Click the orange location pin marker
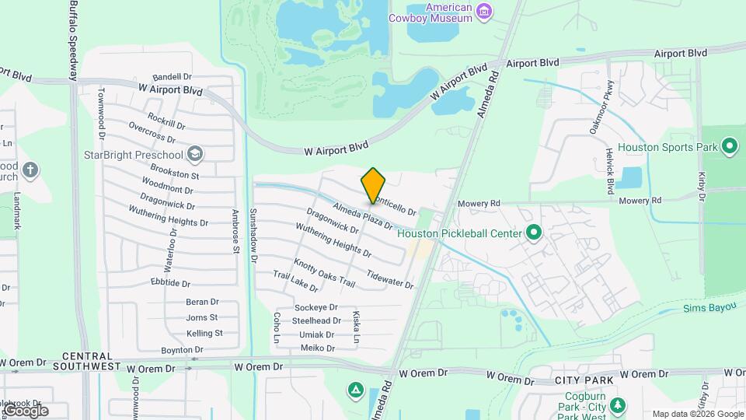pyautogui.click(x=373, y=186)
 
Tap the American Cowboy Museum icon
pyautogui.click(x=485, y=10)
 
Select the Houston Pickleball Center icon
pyautogui.click(x=534, y=233)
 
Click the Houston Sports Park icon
pyautogui.click(x=729, y=146)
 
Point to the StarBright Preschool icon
pyautogui.click(x=194, y=154)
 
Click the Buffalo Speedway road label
pyautogui.click(x=73, y=39)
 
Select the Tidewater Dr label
pyautogui.click(x=390, y=279)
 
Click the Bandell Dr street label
pyautogui.click(x=172, y=77)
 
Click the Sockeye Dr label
pyautogui.click(x=316, y=308)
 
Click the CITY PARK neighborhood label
pyautogui.click(x=584, y=380)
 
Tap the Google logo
pyautogui.click(x=26, y=410)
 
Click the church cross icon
pyautogui.click(x=30, y=170)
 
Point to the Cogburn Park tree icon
pyautogui.click(x=618, y=404)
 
